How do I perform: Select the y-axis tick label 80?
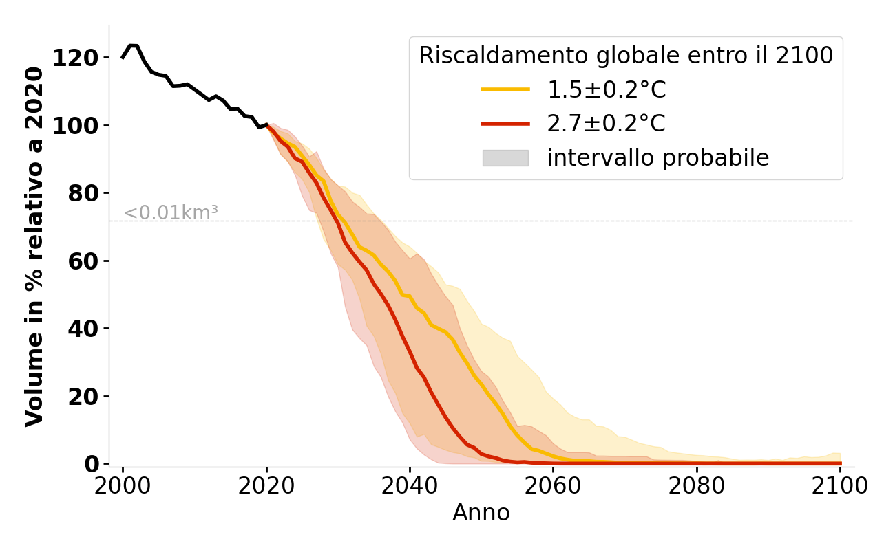coord(83,193)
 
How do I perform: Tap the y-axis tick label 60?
coord(83,261)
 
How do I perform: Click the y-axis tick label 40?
coord(83,329)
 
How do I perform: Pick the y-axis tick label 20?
coord(83,397)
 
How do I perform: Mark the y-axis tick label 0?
coord(92,464)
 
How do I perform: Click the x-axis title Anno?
coord(481,514)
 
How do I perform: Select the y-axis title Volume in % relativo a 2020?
coord(34,246)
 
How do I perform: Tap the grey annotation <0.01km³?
coord(171,213)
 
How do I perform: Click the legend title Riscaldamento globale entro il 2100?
coord(626,56)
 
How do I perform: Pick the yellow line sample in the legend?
coord(505,89)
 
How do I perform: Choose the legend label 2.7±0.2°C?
coord(607,124)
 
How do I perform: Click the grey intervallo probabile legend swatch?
coord(505,158)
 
